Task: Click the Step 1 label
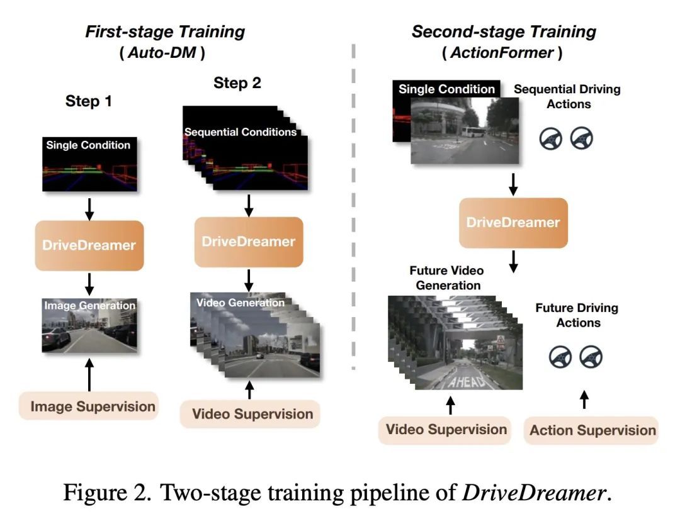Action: (89, 101)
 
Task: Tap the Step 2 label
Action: (237, 83)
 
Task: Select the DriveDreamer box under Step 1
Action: (89, 245)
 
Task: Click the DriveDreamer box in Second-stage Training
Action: (514, 223)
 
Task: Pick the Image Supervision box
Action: (89, 406)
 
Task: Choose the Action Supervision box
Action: (591, 430)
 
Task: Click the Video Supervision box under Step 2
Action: (250, 414)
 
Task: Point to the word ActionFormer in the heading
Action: (502, 52)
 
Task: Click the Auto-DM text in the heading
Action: (162, 52)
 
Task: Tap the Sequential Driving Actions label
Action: (567, 96)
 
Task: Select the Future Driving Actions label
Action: (577, 315)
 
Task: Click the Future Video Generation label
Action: (447, 277)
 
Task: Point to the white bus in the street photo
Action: (473, 131)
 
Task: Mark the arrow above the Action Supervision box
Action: (584, 400)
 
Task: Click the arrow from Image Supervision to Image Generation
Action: (89, 374)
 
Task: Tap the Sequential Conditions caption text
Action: (241, 131)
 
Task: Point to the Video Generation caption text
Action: (241, 303)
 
